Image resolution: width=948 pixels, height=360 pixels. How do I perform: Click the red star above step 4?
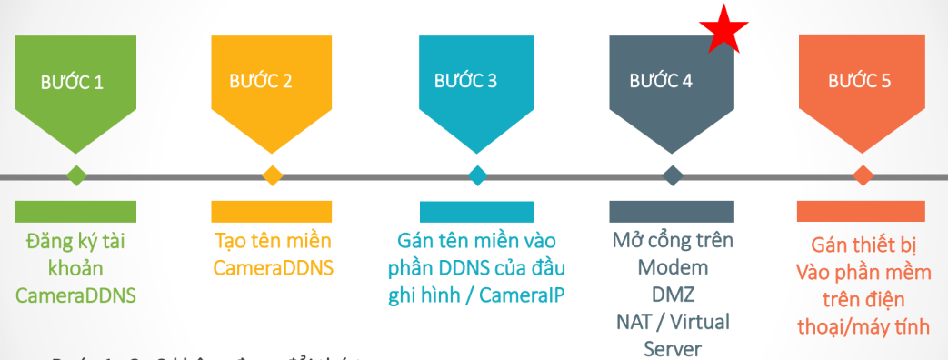coord(725,30)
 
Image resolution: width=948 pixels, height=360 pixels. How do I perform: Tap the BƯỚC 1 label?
coord(72,82)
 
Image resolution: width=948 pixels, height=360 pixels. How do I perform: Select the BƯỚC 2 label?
coord(260,81)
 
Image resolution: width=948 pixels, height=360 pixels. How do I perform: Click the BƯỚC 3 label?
coord(464,81)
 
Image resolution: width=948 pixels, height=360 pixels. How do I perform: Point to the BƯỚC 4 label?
coord(661,81)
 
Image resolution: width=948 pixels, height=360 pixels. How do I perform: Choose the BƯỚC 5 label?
coord(859,81)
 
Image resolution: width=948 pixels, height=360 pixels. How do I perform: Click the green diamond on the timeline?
coord(75,175)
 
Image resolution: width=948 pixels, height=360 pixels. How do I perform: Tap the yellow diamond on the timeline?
coord(272,175)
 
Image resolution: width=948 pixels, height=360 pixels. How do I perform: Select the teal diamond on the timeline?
coord(477,175)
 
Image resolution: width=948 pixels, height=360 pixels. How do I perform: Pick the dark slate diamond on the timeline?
coord(672,175)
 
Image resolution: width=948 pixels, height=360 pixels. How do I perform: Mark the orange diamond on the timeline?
coord(863,175)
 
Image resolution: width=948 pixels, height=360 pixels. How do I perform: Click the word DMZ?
coord(674,295)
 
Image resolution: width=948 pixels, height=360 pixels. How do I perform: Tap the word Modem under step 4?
coord(673,268)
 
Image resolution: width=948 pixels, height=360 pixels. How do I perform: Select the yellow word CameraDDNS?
coord(273,268)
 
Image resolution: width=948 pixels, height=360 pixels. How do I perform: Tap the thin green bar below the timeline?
coord(75,212)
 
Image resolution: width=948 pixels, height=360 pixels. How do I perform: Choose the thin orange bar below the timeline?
coord(863,212)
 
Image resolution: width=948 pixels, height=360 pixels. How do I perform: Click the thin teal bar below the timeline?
coord(477,212)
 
